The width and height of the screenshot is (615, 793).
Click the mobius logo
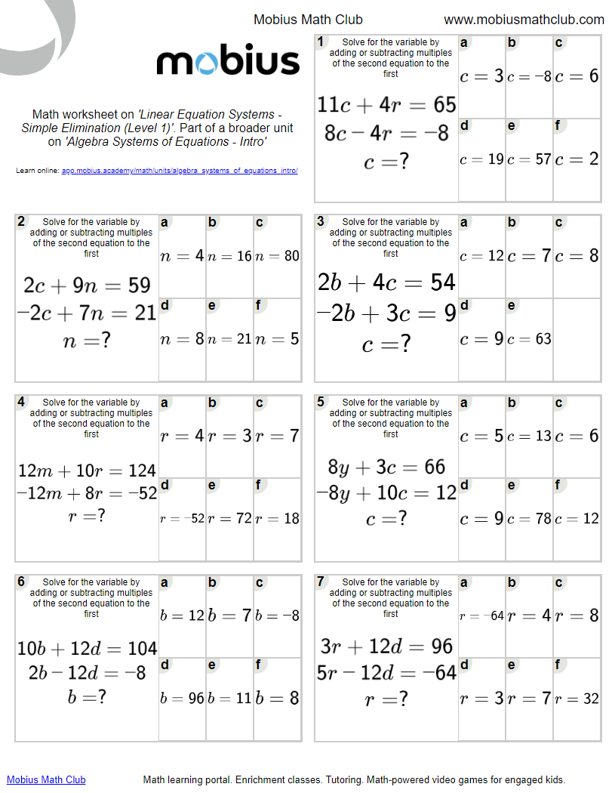tap(228, 61)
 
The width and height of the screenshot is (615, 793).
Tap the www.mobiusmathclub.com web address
tap(524, 20)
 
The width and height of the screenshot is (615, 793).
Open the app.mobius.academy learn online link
tap(180, 171)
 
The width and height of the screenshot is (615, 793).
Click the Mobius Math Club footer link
tap(46, 779)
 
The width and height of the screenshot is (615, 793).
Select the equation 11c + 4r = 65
tap(386, 104)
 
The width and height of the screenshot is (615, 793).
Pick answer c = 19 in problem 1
tap(481, 159)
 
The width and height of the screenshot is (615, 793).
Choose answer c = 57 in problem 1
tap(529, 159)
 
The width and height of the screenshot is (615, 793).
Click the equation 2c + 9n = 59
tap(87, 285)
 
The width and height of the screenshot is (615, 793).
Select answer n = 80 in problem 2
tap(277, 256)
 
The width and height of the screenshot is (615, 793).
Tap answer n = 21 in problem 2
tap(229, 339)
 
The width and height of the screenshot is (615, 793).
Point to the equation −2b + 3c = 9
tap(386, 312)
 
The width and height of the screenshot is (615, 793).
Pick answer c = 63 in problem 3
tap(529, 339)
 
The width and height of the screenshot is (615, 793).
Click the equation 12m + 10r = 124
tap(87, 471)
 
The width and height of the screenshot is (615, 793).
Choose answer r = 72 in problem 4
tap(229, 519)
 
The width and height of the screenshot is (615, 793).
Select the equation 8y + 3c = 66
tap(386, 467)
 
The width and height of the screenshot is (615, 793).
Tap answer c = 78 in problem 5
tap(529, 519)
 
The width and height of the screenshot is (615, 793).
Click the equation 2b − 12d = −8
tap(87, 672)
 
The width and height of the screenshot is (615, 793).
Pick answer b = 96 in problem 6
tap(182, 699)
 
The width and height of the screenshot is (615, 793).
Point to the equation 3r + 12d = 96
tap(386, 646)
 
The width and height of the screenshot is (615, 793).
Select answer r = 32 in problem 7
tap(577, 699)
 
